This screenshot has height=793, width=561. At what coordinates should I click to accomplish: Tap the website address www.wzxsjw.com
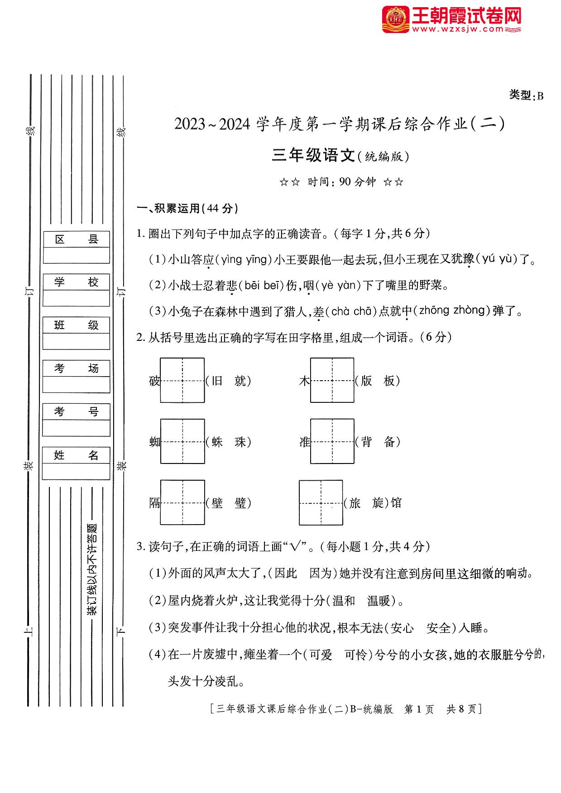457,29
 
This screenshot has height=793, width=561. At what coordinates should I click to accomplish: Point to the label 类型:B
526,95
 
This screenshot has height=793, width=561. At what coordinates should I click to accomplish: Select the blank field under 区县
76,255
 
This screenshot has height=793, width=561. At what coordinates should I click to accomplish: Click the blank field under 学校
76,298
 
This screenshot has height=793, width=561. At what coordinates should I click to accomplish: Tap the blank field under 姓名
76,471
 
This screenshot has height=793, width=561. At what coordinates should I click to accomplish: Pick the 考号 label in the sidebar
76,411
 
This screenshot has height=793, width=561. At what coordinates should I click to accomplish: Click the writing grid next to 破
182,380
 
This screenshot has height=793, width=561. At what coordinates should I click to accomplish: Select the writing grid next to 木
332,380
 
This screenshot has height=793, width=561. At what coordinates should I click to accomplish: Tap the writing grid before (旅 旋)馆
321,502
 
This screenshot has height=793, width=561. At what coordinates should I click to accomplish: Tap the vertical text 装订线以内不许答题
92,569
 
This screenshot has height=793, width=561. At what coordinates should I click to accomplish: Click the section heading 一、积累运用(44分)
187,208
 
